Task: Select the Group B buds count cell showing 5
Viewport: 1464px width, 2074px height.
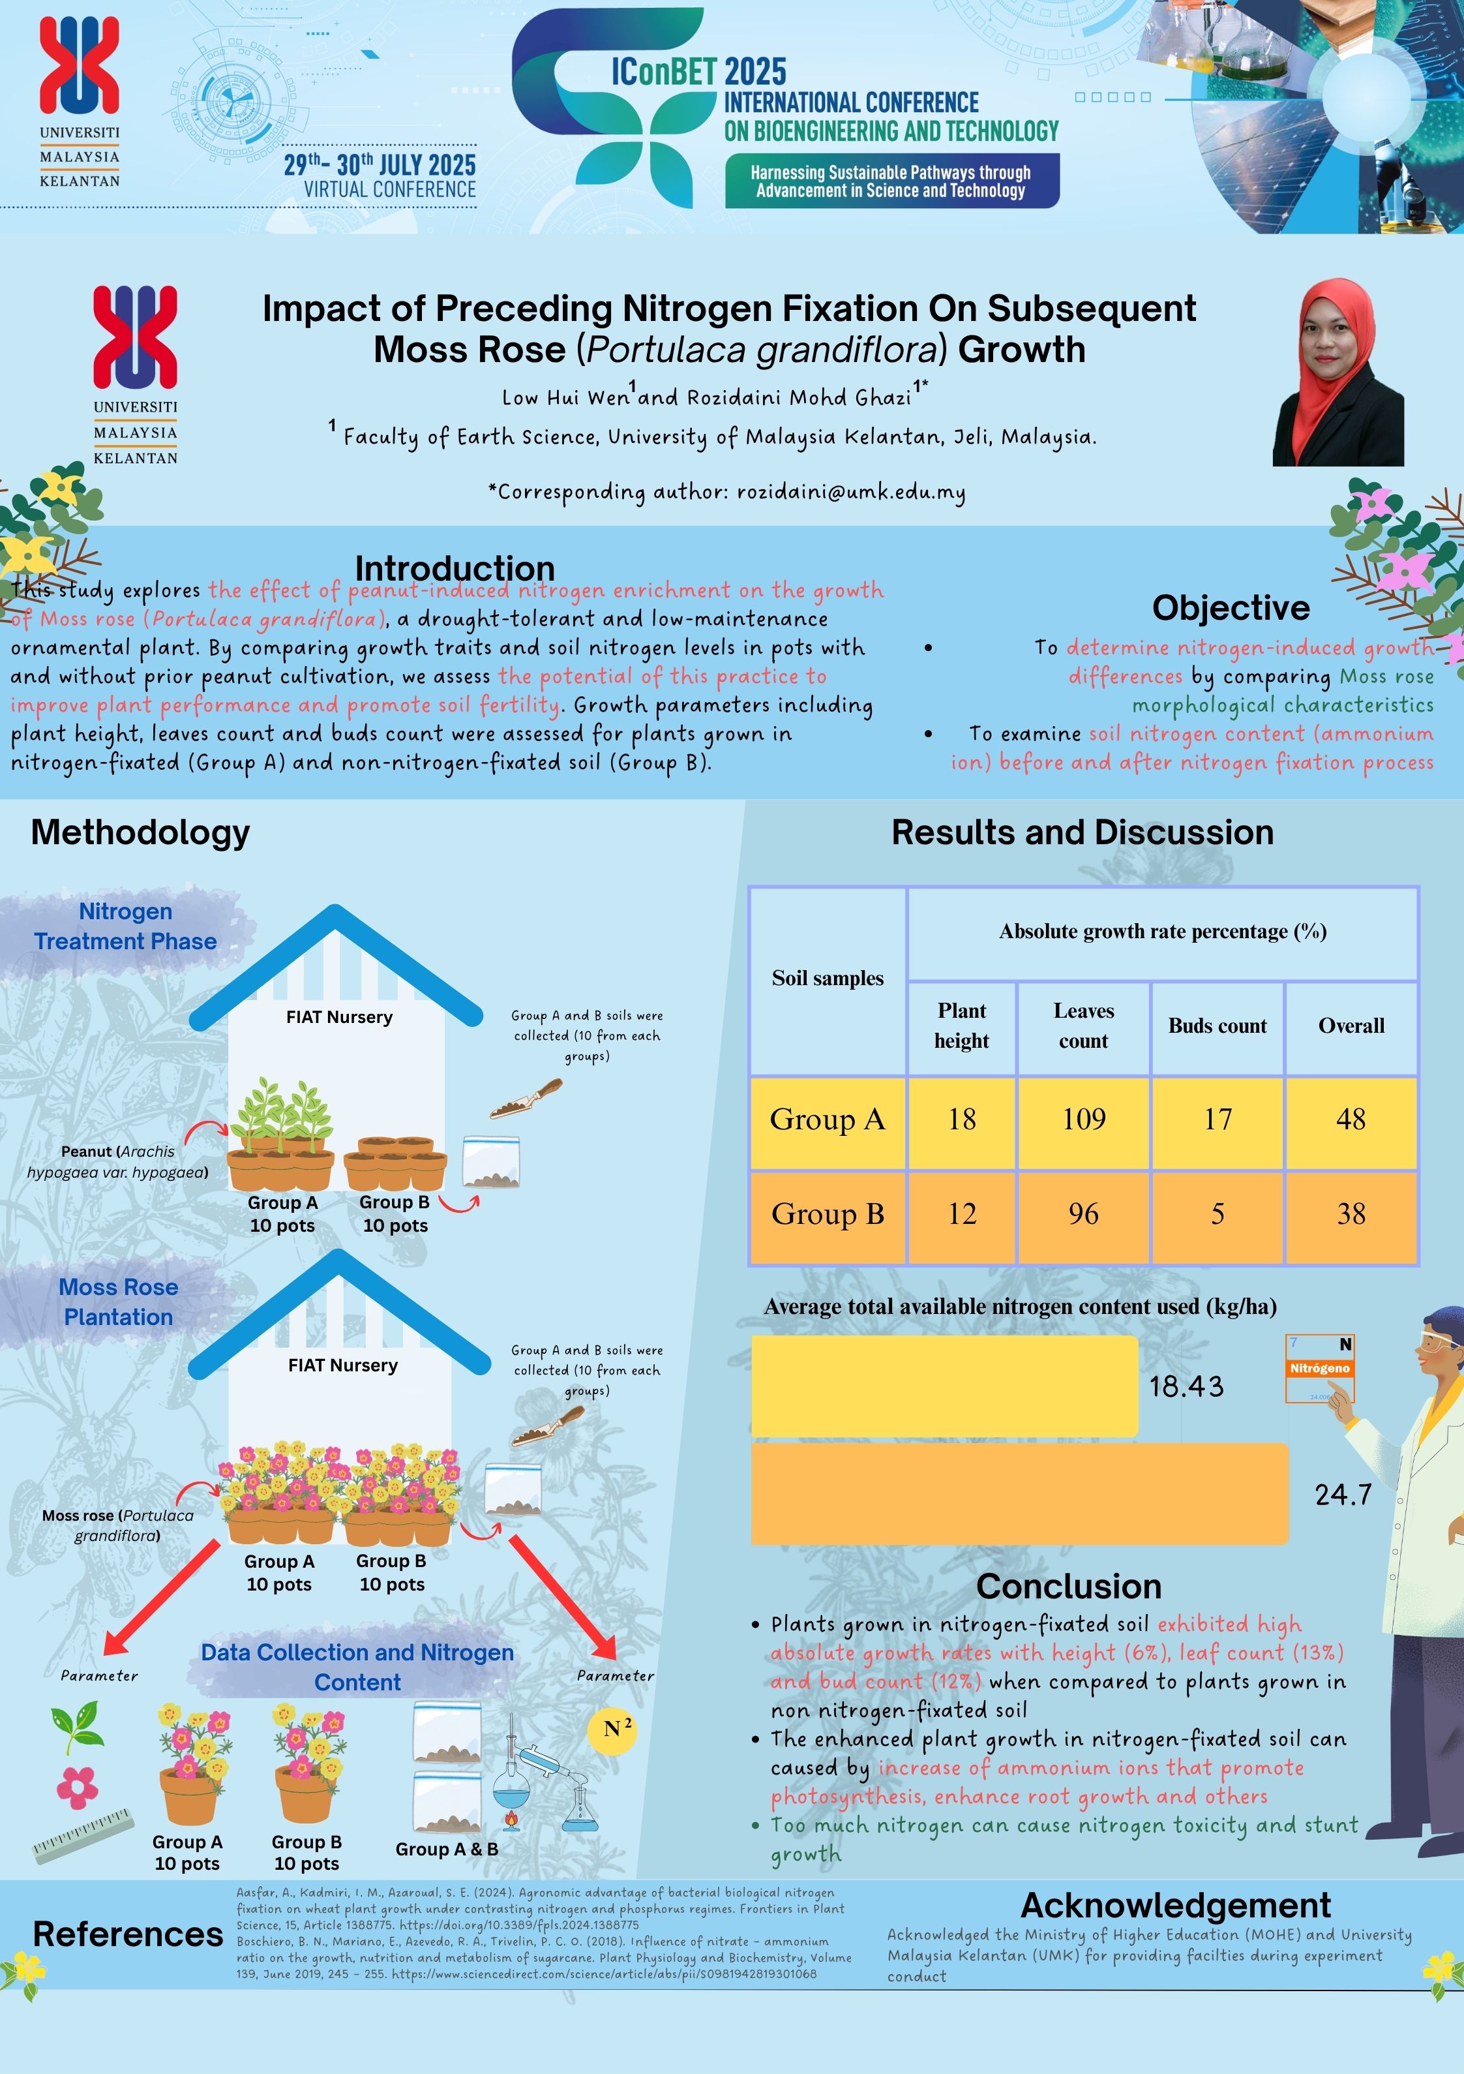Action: click(x=1218, y=1214)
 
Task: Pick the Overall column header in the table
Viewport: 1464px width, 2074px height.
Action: click(x=1351, y=1026)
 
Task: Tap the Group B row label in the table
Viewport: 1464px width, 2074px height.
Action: click(x=828, y=1214)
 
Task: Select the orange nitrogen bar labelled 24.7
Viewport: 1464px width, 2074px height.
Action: click(x=1019, y=1494)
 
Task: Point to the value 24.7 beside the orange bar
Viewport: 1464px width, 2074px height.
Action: click(x=1343, y=1495)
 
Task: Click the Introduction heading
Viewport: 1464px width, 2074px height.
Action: click(x=455, y=568)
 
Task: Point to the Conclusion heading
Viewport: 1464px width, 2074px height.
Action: click(x=1068, y=1586)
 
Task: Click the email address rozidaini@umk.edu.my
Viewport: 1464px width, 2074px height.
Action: click(x=851, y=493)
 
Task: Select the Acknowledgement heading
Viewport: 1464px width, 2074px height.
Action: click(x=1175, y=1905)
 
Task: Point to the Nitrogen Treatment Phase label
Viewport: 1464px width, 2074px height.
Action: click(x=126, y=926)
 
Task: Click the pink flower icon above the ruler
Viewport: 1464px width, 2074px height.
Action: click(x=77, y=1787)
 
